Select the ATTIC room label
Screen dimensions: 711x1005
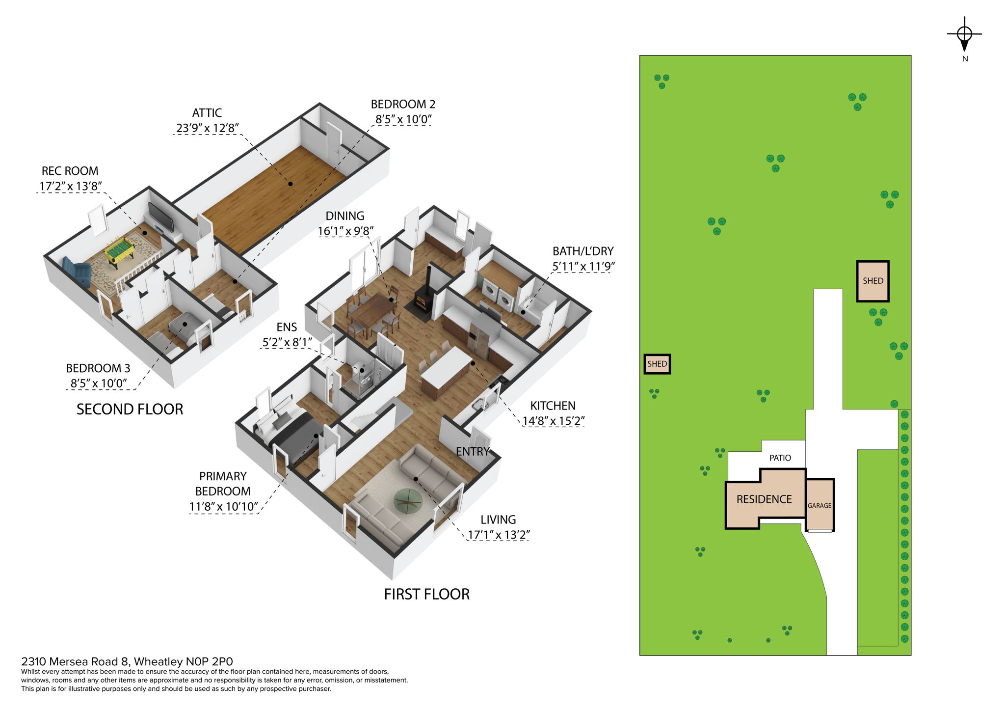tap(207, 113)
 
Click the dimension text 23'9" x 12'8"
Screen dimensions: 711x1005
tap(207, 128)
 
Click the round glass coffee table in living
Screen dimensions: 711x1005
tap(408, 500)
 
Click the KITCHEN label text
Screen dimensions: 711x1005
tap(553, 406)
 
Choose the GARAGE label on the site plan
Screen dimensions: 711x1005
tap(819, 505)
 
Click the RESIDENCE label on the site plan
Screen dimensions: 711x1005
tap(764, 499)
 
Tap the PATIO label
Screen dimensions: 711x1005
tap(780, 458)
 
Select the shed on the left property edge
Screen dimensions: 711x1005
tap(657, 364)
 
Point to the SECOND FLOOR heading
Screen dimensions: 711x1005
tap(130, 409)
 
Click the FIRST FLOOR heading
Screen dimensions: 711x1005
tap(426, 594)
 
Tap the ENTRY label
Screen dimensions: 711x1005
tap(472, 452)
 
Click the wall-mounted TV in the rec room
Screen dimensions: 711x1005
tap(161, 217)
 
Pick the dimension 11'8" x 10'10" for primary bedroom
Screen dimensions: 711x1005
tap(223, 506)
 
